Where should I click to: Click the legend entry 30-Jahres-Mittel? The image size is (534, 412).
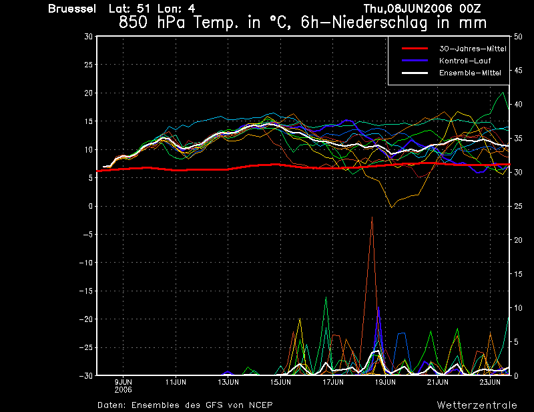point(473,49)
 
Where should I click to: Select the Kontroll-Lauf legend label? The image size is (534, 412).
point(465,61)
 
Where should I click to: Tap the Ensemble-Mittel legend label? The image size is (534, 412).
point(470,73)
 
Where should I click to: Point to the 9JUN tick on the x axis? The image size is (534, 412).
point(123,382)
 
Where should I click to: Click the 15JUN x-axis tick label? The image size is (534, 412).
point(280,382)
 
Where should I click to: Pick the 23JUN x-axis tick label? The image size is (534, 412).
point(490,382)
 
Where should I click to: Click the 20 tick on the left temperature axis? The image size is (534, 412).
point(89,93)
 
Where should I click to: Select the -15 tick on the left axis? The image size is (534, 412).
point(86,291)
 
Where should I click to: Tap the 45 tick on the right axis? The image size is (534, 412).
point(518,71)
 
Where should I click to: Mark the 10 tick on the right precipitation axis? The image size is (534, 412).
point(518,308)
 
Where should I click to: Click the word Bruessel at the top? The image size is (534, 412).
point(72,9)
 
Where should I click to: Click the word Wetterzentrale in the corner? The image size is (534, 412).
point(477,405)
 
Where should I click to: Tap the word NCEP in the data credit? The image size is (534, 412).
point(260,405)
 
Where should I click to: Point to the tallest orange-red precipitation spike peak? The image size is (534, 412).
point(372,217)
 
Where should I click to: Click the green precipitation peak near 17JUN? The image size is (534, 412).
point(326,297)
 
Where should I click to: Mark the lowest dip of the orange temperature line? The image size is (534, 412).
point(392,207)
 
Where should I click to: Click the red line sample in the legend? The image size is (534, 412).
point(415,49)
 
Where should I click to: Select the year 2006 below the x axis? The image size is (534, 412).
point(123,390)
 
